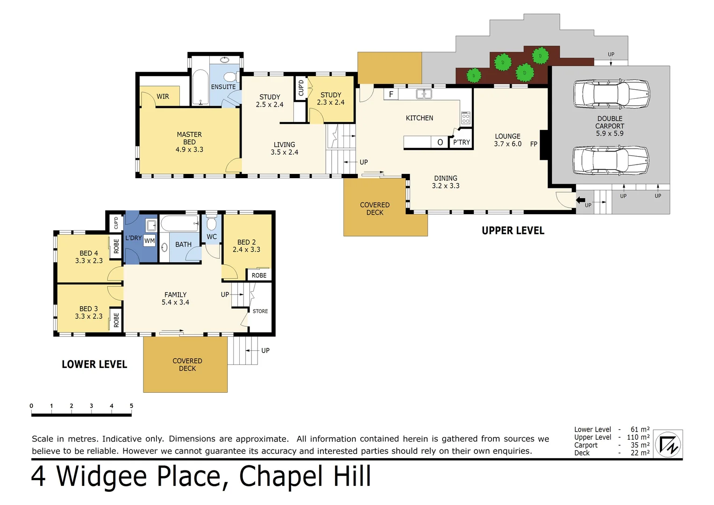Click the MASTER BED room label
[x=189, y=142]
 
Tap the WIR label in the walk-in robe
[x=163, y=96]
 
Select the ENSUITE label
[x=223, y=87]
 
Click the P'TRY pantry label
[x=461, y=142]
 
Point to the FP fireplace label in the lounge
[x=534, y=144]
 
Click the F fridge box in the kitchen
[x=391, y=94]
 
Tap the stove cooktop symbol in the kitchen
[x=465, y=118]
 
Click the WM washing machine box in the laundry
[x=150, y=241]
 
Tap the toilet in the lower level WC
[x=212, y=222]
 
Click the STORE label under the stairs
[x=260, y=311]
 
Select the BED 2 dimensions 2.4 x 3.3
[x=246, y=250]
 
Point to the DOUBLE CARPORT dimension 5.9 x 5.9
[x=609, y=133]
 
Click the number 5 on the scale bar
[x=131, y=406]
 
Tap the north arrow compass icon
[x=668, y=444]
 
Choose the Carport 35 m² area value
[x=639, y=445]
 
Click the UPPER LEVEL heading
[x=513, y=231]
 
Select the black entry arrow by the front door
[x=580, y=200]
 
